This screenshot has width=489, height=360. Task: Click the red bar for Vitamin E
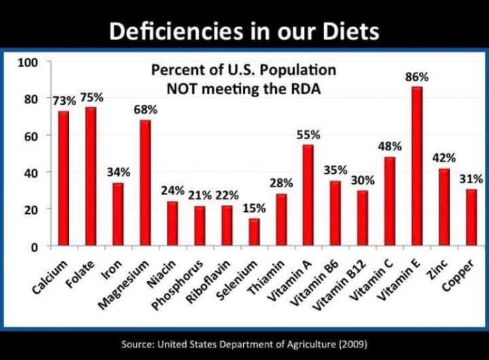click(417, 166)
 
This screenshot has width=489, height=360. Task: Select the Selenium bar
click(254, 232)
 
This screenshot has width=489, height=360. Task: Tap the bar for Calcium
click(64, 178)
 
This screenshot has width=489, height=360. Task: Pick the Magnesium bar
click(145, 182)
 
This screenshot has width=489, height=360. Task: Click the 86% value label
click(417, 77)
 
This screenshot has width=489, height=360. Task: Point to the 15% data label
click(254, 209)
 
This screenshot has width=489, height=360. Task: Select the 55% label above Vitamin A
click(308, 134)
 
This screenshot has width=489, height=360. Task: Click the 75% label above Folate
click(91, 97)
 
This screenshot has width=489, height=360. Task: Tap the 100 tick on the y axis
click(27, 62)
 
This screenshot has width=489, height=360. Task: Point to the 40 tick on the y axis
click(30, 172)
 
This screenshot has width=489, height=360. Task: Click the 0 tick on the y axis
click(34, 246)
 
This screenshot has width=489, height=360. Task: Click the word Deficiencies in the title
click(171, 31)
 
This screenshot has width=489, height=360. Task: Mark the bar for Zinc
click(444, 207)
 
